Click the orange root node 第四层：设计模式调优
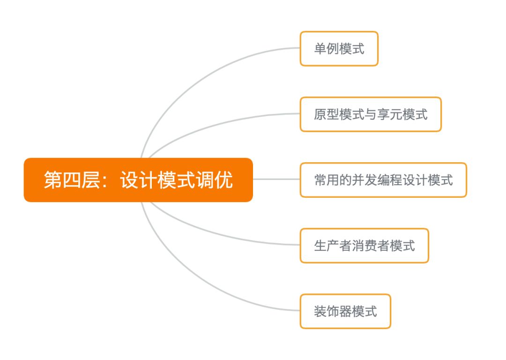(138, 180)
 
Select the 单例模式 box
(339, 49)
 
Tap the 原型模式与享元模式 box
(371, 114)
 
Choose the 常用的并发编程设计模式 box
(383, 180)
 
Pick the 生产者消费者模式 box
(364, 246)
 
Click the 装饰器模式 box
(345, 311)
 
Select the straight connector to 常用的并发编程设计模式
(276, 179)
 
